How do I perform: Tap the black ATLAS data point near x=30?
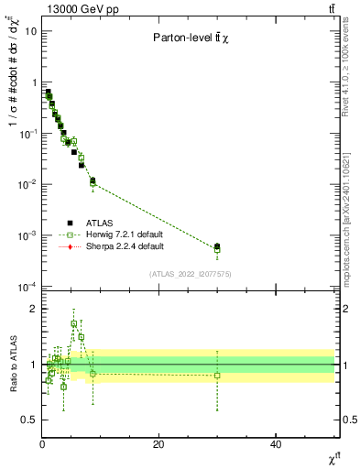click(x=217, y=245)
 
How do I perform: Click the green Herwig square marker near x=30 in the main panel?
click(x=217, y=249)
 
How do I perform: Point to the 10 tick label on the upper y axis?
click(x=30, y=31)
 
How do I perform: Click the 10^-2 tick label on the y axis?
click(x=27, y=185)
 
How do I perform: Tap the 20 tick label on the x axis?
click(x=158, y=444)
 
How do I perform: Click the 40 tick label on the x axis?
click(x=276, y=444)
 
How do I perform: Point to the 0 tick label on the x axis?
click(x=42, y=444)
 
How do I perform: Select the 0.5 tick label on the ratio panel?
click(x=30, y=420)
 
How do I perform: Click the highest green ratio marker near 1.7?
click(x=74, y=323)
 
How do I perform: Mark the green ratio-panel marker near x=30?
click(x=217, y=376)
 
